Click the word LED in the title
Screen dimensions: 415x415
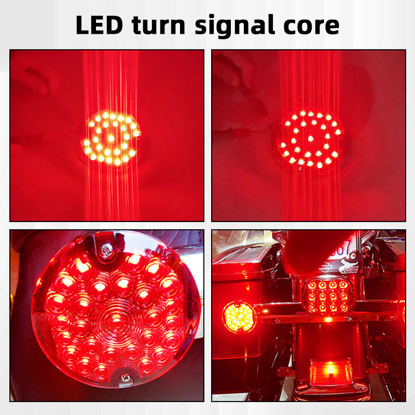point(99,25)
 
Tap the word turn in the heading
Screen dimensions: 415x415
point(159,25)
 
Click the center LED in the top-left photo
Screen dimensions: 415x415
point(111,138)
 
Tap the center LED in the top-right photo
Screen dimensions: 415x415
point(311,139)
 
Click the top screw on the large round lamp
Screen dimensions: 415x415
point(107,250)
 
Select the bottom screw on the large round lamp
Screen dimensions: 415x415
point(125,377)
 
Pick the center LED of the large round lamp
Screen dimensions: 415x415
point(116,319)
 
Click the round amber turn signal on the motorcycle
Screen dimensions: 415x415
point(239,316)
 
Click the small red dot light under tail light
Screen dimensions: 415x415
point(328,320)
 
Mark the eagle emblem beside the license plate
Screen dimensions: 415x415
point(349,266)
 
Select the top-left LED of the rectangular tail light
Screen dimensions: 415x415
point(312,285)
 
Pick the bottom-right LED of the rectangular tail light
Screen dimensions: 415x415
point(343,307)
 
